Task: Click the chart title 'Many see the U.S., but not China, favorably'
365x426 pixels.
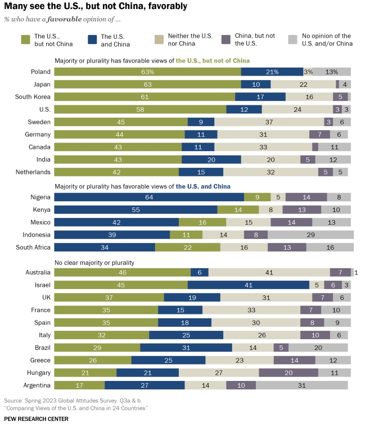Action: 96,7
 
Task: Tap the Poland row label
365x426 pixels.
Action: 42,72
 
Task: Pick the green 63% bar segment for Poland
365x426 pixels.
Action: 147,72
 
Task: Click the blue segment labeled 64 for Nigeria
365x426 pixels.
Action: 149,197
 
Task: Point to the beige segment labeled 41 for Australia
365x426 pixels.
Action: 269,273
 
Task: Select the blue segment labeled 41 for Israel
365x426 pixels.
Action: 248,285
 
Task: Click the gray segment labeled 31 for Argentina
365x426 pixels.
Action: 301,385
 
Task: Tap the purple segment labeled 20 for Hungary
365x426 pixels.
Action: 289,372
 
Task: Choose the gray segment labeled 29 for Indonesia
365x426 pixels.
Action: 311,234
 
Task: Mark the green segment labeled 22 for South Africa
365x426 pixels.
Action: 188,247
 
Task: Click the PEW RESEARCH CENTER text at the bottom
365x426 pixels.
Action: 37,419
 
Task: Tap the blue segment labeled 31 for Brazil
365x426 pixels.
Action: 186,348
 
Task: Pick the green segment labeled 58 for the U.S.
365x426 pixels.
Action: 140,109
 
